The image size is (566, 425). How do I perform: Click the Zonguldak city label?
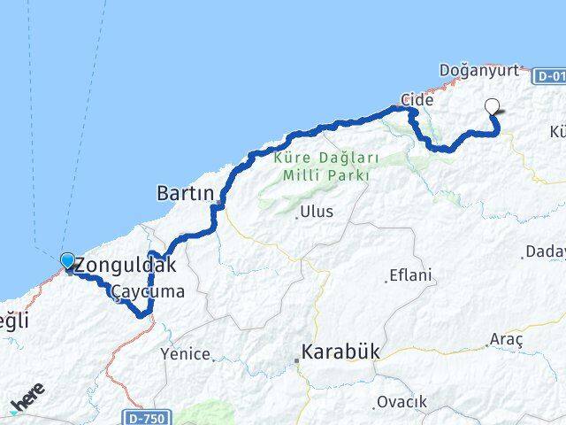click(126, 265)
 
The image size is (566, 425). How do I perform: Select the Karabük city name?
click(340, 352)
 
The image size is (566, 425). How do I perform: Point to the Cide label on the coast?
click(417, 100)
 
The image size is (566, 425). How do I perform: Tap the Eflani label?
click(413, 275)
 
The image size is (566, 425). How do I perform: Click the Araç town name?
click(506, 340)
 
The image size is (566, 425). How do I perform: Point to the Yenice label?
click(185, 354)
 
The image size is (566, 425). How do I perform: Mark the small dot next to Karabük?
click(297, 359)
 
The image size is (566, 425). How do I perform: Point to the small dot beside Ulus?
click(295, 213)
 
